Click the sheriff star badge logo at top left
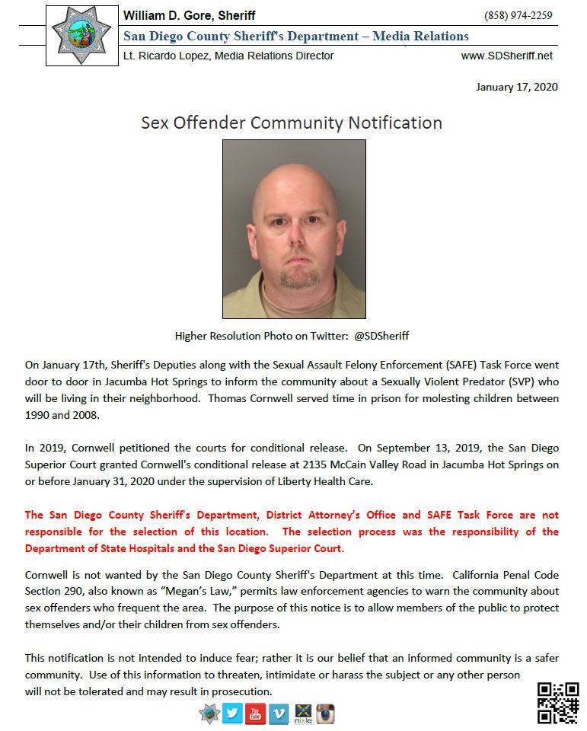[80, 34]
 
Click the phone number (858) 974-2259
[518, 16]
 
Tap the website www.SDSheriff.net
[507, 56]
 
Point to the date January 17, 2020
[517, 87]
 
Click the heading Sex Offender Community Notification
[292, 123]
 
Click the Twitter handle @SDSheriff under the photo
[381, 336]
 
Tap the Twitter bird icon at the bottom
[232, 713]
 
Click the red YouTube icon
[256, 713]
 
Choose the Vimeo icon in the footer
[279, 713]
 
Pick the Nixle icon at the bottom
[303, 713]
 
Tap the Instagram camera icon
[326, 713]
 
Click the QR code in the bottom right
[558, 702]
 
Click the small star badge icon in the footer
[209, 713]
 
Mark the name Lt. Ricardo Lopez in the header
[163, 56]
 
